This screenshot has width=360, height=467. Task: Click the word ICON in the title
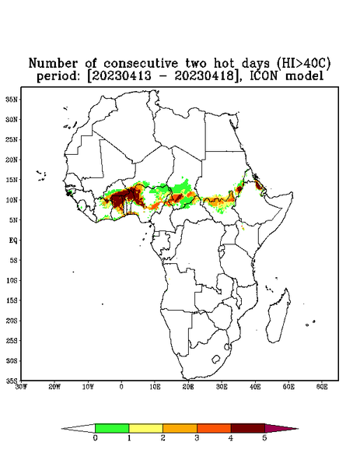tap(264, 76)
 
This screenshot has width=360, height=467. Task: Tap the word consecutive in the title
tap(141, 63)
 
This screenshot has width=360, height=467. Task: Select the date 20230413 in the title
tap(121, 76)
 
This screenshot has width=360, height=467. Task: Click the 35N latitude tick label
tap(12, 99)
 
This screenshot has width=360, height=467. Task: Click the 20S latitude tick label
tap(12, 321)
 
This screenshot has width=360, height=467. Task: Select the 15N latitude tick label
tap(12, 180)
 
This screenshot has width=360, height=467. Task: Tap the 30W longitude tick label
tap(21, 387)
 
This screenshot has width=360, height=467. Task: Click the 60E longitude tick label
tap(322, 387)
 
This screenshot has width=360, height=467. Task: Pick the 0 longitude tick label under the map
tap(121, 387)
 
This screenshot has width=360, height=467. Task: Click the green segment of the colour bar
tap(112, 428)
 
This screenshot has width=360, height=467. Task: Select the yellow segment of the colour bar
tap(145, 428)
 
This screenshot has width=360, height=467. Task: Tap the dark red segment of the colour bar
tap(248, 428)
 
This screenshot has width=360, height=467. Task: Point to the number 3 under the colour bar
tap(197, 438)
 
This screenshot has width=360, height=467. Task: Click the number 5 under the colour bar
tap(264, 438)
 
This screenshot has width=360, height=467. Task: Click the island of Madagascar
tap(279, 316)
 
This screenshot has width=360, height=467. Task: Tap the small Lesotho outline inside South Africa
tap(216, 359)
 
